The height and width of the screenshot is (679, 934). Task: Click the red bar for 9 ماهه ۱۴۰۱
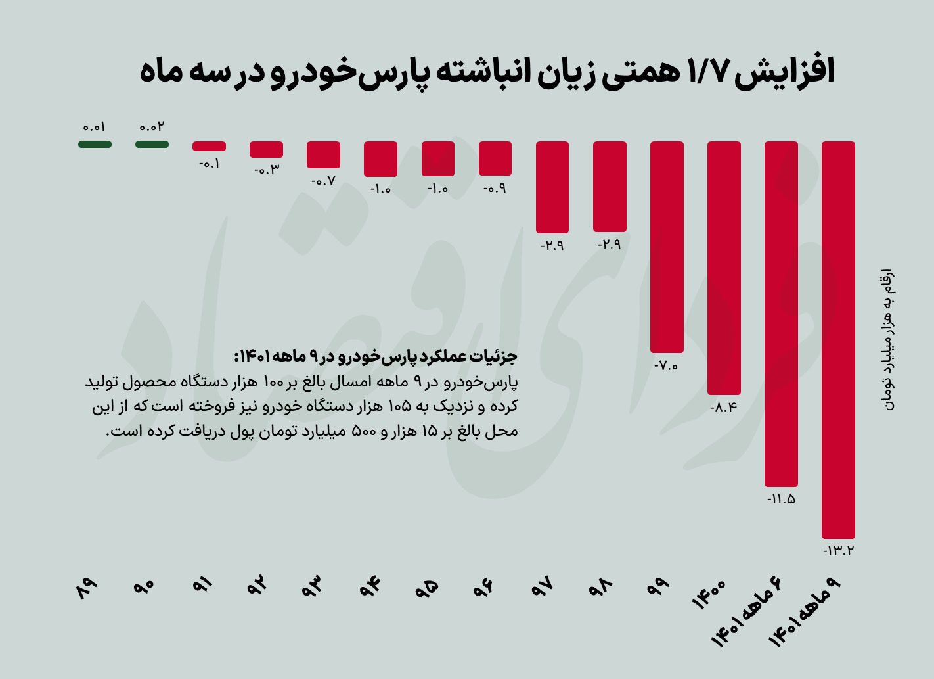[x=838, y=340]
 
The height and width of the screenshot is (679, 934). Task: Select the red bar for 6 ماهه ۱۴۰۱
[x=781, y=314]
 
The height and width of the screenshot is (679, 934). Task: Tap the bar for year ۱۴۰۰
[x=724, y=268]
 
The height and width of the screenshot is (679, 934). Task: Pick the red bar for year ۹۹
[x=667, y=246]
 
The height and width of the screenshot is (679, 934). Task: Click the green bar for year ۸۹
[x=95, y=144]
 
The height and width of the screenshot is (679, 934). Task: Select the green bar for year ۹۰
[x=152, y=144]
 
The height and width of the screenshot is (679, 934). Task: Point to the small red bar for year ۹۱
[x=209, y=146]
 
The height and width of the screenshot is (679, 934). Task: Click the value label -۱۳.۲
[x=838, y=551]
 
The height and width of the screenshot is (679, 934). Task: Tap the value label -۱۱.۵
[x=781, y=499]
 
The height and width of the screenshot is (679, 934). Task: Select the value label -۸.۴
[x=724, y=408]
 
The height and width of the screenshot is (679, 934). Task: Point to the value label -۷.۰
[x=666, y=366]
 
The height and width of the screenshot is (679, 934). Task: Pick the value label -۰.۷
[x=322, y=181]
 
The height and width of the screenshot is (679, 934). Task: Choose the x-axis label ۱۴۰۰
[x=709, y=594]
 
